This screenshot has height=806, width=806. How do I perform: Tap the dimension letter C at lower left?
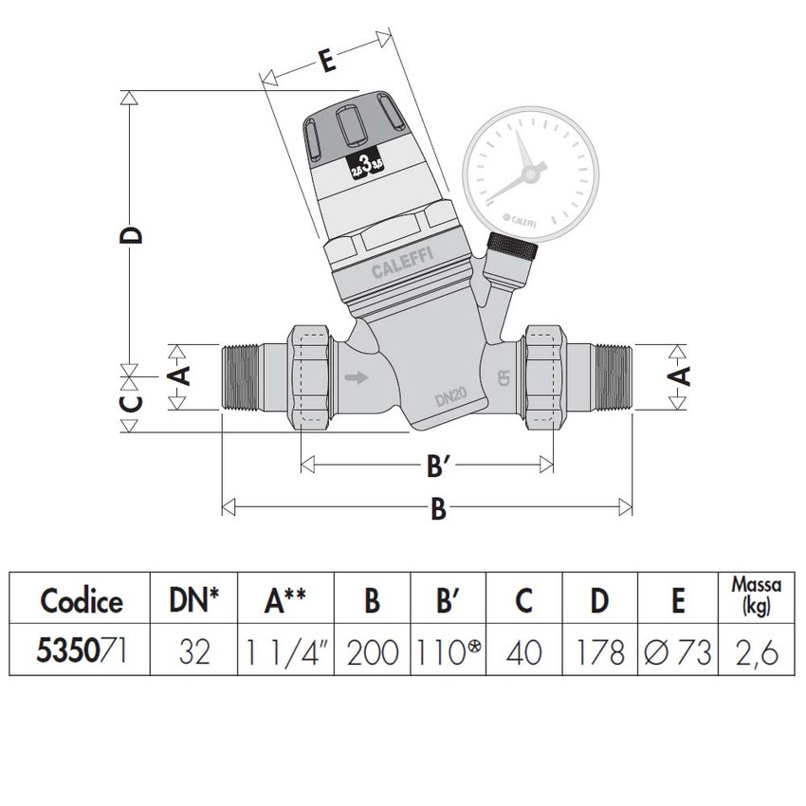click(134, 403)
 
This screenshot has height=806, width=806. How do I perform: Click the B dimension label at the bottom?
click(437, 509)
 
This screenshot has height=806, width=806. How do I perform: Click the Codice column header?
click(82, 599)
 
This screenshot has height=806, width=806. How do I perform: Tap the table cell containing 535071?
click(82, 651)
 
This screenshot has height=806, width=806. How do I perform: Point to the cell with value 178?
click(600, 652)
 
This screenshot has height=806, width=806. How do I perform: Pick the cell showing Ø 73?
click(677, 652)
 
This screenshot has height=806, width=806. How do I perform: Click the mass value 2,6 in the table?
click(756, 652)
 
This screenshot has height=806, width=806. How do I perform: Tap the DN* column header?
click(193, 599)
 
